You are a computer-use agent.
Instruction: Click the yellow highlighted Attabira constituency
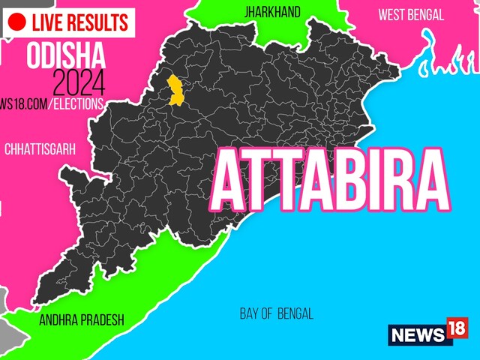click(177, 91)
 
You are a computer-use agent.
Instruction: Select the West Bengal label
click(410, 14)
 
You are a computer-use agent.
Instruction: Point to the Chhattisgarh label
click(40, 150)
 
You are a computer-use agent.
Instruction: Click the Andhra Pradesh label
click(82, 319)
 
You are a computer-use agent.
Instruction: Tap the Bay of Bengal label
click(277, 313)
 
